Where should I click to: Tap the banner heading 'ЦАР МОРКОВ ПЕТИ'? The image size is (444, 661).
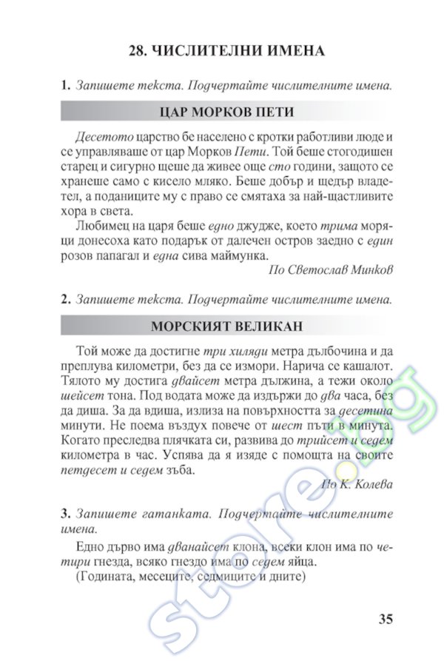226,112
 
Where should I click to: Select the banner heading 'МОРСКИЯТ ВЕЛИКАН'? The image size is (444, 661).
226,326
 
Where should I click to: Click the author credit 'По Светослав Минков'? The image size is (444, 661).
329,269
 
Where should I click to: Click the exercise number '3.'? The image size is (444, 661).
66,514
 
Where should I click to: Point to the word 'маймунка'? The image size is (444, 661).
232,255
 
